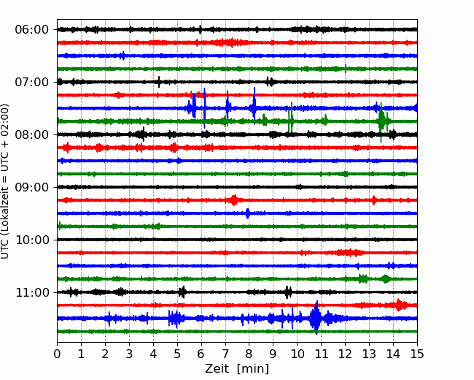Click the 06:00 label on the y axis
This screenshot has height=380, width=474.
click(x=31, y=30)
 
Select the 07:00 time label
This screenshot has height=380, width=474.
click(x=31, y=82)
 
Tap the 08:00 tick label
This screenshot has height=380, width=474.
click(x=31, y=135)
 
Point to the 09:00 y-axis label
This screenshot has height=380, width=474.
click(x=31, y=187)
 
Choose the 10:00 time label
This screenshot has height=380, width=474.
click(x=31, y=240)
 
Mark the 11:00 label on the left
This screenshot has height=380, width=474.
click(x=31, y=293)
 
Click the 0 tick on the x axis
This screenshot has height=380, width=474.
click(x=57, y=354)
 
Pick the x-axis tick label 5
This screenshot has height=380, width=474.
click(x=177, y=354)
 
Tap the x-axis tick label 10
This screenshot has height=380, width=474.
click(x=297, y=354)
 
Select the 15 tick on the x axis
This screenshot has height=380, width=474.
click(x=417, y=354)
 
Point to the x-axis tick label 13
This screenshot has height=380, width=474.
click(x=369, y=354)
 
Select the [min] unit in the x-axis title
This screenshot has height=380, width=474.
click(x=253, y=369)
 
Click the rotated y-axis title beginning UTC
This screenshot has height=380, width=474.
click(x=4, y=181)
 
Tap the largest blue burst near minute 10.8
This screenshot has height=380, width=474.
click(x=316, y=318)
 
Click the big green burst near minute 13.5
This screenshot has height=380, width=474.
click(x=381, y=121)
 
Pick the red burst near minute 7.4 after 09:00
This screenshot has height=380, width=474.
click(x=233, y=200)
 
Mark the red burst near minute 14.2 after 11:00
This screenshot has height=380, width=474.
click(x=399, y=305)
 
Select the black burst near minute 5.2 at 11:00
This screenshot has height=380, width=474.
click(x=182, y=292)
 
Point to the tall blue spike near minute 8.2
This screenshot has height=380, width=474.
click(x=255, y=106)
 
